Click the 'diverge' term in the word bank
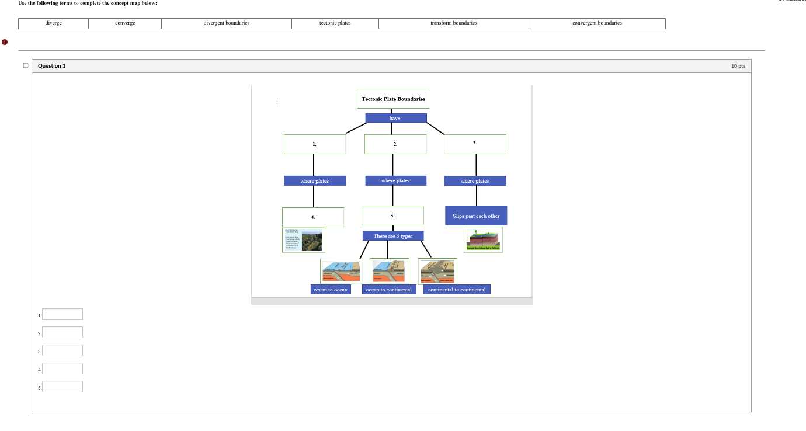coord(54,23)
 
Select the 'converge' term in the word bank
coord(125,23)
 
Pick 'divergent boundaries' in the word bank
coord(227,23)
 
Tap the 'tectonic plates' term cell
coord(335,23)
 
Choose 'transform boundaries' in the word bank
coord(454,23)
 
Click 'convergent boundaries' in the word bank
coord(597,23)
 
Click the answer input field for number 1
coord(62,314)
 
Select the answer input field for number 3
coord(62,350)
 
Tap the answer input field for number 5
coord(62,387)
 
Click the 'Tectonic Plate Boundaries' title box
coord(393,99)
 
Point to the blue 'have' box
coord(395,118)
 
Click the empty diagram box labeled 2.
coord(395,144)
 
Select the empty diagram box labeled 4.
coord(313,217)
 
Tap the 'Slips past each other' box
coord(476,215)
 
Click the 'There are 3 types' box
coord(393,236)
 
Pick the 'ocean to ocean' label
coord(331,290)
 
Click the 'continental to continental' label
coord(457,290)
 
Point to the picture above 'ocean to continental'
coord(390,271)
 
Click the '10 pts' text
coord(738,66)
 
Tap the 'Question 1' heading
coord(52,66)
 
